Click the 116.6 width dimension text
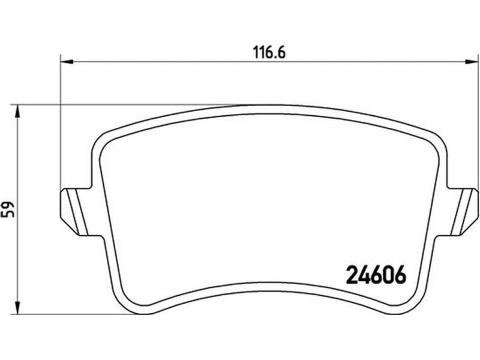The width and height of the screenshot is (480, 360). pyautogui.click(x=269, y=52)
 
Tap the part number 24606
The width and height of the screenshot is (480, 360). pyautogui.click(x=376, y=274)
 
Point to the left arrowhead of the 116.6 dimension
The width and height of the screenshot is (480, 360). pyautogui.click(x=67, y=62)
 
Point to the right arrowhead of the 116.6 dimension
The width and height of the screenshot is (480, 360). pyautogui.click(x=472, y=62)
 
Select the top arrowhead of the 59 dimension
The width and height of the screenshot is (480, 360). pyautogui.click(x=18, y=111)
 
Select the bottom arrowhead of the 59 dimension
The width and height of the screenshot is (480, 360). pyautogui.click(x=18, y=307)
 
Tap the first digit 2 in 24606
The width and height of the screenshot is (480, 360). pyautogui.click(x=352, y=274)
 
